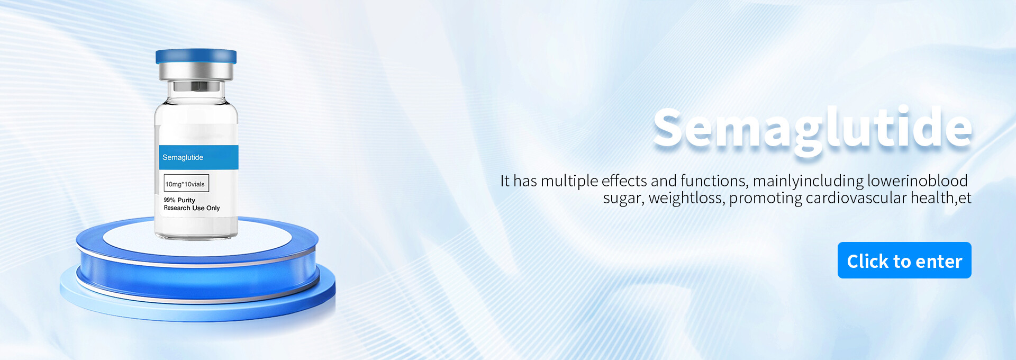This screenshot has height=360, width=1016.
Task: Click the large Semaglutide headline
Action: coord(812,128)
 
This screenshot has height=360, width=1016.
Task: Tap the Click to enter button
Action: coord(904,260)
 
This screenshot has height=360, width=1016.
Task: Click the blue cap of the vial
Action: coord(196,56)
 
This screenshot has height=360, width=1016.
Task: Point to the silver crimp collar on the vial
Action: coord(196,71)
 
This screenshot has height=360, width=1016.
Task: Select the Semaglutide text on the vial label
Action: coord(183,157)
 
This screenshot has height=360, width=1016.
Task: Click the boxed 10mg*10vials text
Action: coord(186,183)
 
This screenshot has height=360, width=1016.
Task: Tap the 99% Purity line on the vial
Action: coord(179,200)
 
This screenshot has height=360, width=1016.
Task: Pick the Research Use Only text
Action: coord(192,208)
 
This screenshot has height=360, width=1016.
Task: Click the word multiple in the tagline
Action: coord(569,182)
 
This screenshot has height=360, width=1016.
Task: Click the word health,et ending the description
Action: coord(941,198)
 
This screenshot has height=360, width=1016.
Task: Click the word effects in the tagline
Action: coord(624,181)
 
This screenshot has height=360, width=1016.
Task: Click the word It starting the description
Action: coord(505,181)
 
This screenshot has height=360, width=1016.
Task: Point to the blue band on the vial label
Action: coord(199,157)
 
